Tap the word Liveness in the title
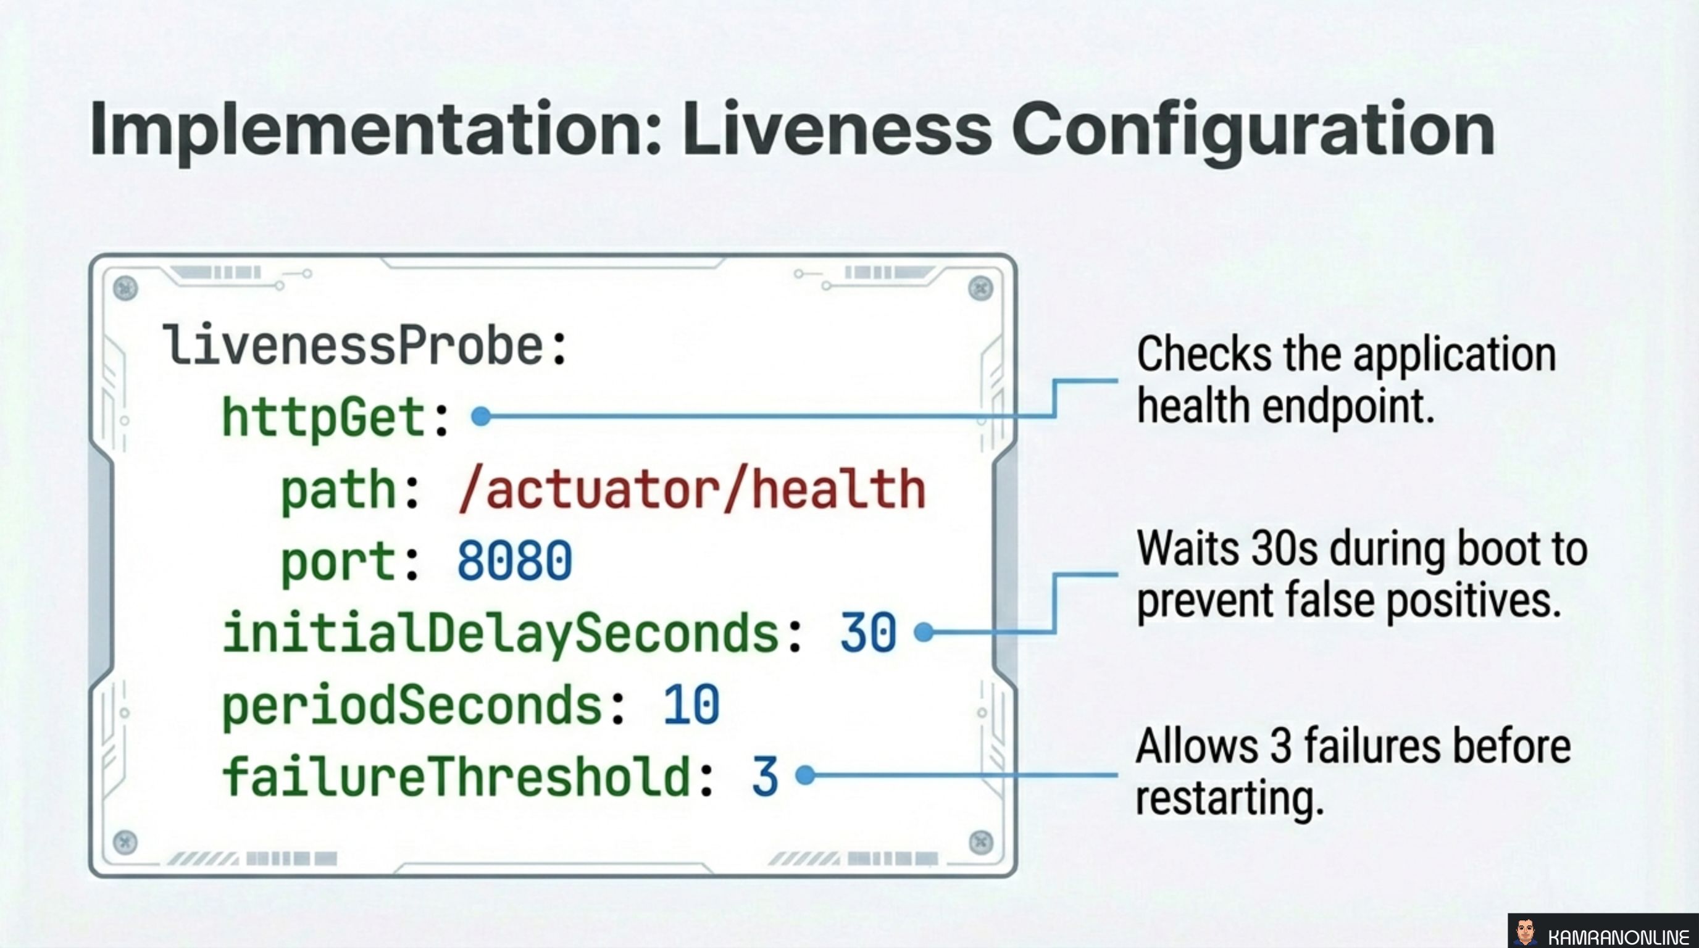pos(837,130)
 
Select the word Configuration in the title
pos(1253,130)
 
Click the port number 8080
pos(514,561)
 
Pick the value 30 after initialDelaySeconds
pos(868,633)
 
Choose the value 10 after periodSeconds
pos(691,705)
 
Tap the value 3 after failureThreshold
pos(765,776)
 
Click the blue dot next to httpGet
pos(482,416)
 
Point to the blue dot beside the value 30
pos(924,631)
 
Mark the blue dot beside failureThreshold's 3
pos(805,775)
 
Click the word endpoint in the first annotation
pos(1348,407)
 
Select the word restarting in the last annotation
pos(1229,799)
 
